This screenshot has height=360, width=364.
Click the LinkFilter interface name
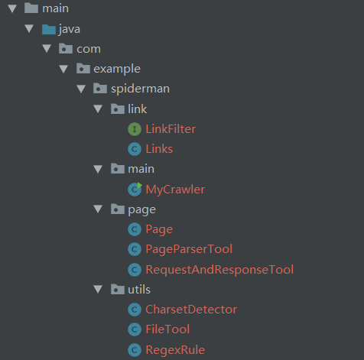tap(171, 129)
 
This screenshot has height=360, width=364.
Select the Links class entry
tap(159, 149)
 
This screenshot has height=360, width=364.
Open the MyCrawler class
tap(175, 190)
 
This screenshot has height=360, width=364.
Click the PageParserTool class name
tap(189, 249)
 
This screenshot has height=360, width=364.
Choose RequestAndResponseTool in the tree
tap(219, 270)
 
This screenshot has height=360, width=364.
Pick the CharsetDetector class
tap(191, 310)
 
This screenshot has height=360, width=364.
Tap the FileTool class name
tap(167, 329)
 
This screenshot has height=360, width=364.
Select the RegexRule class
tap(175, 350)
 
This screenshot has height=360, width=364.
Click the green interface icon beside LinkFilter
tap(135, 129)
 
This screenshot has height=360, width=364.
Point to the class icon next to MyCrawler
tap(135, 190)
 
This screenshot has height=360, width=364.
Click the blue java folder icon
tap(49, 29)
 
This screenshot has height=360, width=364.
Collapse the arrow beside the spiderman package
tap(81, 89)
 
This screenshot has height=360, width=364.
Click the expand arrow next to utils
tap(98, 289)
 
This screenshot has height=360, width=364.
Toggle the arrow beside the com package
tap(47, 49)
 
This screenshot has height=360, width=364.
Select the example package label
tap(117, 69)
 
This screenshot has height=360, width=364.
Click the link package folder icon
tap(118, 109)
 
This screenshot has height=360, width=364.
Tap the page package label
tap(141, 210)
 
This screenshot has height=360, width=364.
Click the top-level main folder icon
tap(31, 8)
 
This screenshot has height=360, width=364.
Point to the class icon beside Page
tap(135, 229)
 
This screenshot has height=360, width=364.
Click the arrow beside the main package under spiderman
tap(98, 169)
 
